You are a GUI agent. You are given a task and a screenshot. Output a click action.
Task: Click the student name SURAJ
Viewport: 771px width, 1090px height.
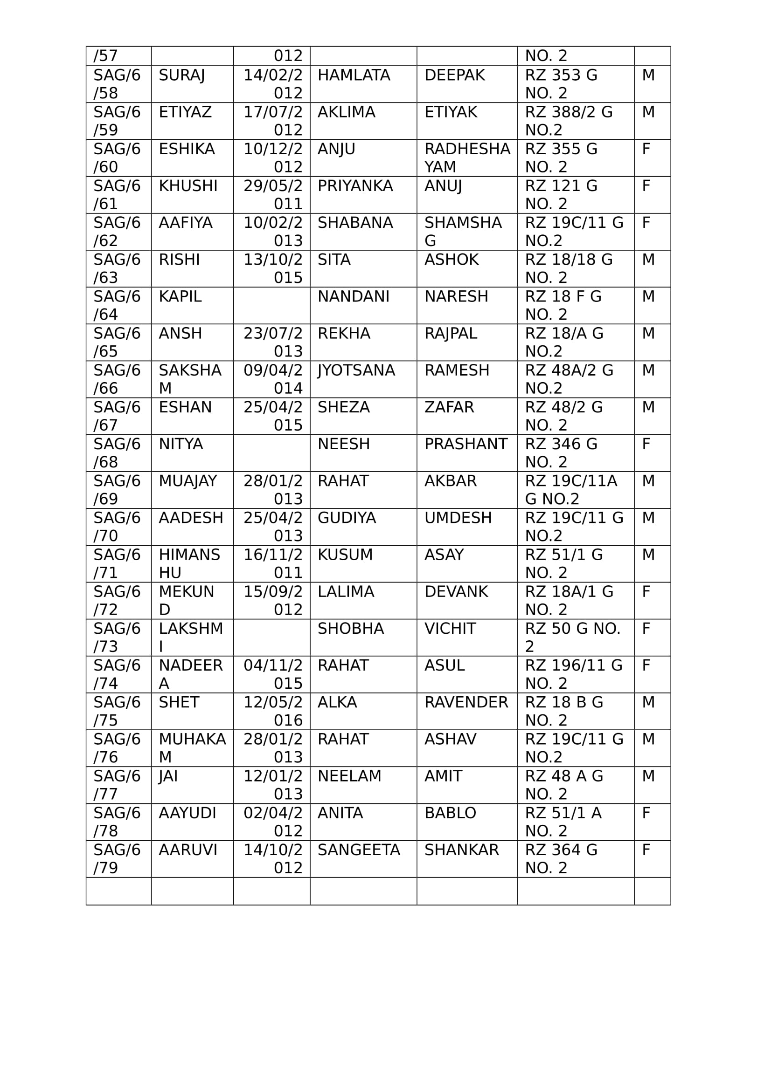click(x=182, y=75)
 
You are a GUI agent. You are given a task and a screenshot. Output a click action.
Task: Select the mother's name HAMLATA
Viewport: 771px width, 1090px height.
click(x=354, y=75)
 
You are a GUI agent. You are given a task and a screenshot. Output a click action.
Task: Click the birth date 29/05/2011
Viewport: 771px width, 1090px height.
click(x=273, y=195)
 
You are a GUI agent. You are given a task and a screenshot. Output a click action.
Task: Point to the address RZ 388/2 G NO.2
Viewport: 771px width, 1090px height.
click(x=568, y=121)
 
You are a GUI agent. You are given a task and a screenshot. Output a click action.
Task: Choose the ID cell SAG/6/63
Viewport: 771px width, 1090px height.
click(x=117, y=268)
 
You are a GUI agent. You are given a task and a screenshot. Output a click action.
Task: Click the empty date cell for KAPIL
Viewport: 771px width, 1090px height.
click(x=271, y=305)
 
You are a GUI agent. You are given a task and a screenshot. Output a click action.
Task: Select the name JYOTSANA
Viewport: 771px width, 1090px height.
click(x=356, y=370)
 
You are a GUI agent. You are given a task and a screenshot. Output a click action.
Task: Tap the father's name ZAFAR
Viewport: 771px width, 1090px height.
click(x=449, y=407)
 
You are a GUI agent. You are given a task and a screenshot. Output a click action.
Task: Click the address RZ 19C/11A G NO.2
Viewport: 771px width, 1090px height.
click(x=570, y=489)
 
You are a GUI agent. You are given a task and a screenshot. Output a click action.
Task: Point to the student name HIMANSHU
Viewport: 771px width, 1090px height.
click(x=189, y=563)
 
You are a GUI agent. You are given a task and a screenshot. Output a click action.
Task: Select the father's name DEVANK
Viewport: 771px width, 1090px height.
click(x=456, y=591)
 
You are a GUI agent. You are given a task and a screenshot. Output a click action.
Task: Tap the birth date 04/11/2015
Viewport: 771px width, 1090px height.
click(x=273, y=674)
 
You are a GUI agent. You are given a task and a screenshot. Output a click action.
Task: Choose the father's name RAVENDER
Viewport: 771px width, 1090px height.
click(x=466, y=702)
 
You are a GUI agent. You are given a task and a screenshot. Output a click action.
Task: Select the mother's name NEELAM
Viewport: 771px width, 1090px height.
click(x=349, y=776)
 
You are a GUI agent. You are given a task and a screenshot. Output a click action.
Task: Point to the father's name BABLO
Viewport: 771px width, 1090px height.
click(x=450, y=813)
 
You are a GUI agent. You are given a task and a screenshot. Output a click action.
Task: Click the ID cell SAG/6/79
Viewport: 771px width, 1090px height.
click(x=117, y=858)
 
